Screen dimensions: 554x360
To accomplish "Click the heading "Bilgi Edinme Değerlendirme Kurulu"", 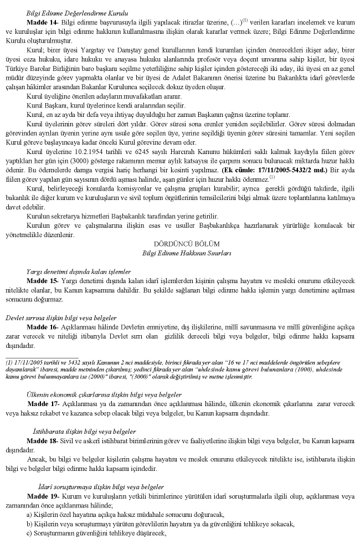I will pyautogui.click(x=77, y=12).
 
